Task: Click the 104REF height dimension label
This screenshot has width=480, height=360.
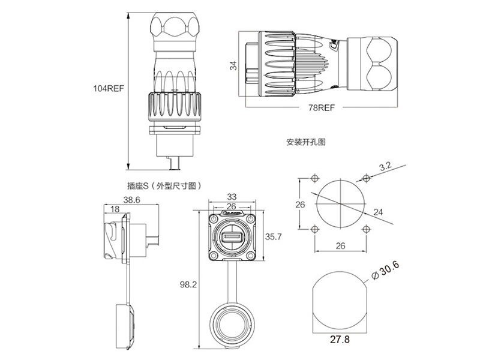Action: click(108, 88)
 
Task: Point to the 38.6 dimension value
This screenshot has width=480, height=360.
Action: click(131, 200)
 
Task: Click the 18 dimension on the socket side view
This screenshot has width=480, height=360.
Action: click(115, 209)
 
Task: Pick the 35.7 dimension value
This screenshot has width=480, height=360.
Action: click(273, 237)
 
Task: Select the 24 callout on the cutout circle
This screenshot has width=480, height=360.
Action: click(379, 211)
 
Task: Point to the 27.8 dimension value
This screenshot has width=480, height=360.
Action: click(340, 340)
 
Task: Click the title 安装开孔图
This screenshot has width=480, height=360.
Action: click(306, 143)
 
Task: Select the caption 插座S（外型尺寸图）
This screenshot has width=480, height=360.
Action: click(163, 186)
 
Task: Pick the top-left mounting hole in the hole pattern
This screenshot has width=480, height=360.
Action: click(316, 179)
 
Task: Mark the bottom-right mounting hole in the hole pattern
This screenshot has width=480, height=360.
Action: click(366, 229)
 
